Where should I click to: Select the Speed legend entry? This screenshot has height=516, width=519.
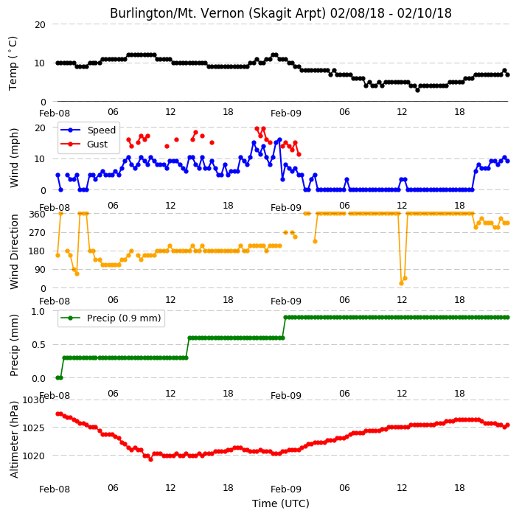click(x=88, y=130)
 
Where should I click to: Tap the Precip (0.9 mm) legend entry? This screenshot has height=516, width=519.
click(x=111, y=318)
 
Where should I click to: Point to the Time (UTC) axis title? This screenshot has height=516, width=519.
click(x=281, y=503)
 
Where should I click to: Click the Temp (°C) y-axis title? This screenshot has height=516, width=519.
click(x=13, y=63)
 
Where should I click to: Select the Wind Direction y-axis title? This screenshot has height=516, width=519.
click(x=13, y=251)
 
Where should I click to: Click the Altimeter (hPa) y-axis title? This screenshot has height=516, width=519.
click(x=13, y=439)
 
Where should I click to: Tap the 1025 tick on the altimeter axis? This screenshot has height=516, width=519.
click(x=33, y=428)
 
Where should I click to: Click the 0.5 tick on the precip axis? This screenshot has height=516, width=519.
click(x=38, y=344)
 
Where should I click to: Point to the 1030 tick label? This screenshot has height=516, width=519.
click(x=33, y=400)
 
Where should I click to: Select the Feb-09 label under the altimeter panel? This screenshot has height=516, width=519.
click(x=286, y=489)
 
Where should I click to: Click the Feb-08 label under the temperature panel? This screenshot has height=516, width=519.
click(x=55, y=114)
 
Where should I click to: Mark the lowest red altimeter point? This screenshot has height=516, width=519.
click(x=150, y=459)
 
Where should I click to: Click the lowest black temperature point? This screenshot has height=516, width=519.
click(x=417, y=90)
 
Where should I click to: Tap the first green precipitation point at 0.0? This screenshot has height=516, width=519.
click(x=58, y=377)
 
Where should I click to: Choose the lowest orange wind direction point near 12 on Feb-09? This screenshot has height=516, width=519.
click(x=402, y=283)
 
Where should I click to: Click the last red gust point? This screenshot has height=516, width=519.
click(x=299, y=155)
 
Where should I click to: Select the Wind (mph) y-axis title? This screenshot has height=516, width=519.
click(x=13, y=158)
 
